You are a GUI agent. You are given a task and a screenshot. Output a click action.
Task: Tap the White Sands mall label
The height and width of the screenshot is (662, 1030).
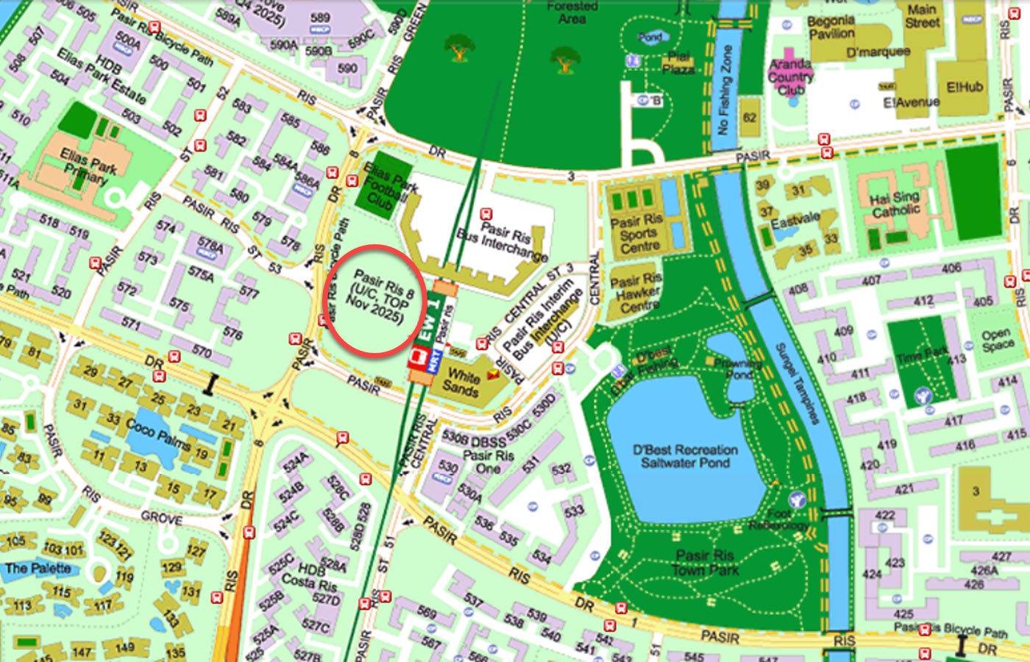pyautogui.click(x=462, y=382)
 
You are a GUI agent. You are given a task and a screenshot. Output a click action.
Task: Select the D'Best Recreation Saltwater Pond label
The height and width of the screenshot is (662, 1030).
pyautogui.click(x=685, y=456)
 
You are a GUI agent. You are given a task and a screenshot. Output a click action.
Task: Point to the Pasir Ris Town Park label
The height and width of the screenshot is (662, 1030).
pyautogui.click(x=705, y=563)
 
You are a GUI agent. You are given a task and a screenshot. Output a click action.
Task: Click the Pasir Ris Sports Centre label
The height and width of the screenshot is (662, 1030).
pyautogui.click(x=637, y=233)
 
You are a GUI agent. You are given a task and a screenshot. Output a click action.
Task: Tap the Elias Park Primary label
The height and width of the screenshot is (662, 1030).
pyautogui.click(x=88, y=165)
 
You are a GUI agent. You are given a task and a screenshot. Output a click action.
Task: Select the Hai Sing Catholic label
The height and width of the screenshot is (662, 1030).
pyautogui.click(x=895, y=204)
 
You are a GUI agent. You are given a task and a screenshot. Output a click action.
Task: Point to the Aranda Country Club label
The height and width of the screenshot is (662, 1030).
pyautogui.click(x=791, y=77)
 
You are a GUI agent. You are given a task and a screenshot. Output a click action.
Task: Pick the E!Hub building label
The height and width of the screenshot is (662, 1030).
pyautogui.click(x=965, y=87)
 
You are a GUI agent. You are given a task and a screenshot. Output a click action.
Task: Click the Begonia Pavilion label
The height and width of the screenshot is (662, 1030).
pyautogui.click(x=831, y=27)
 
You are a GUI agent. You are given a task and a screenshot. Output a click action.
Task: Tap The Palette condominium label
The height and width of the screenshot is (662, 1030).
pyautogui.click(x=38, y=568)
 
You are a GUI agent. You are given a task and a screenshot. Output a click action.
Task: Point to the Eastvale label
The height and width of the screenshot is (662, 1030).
pyautogui.click(x=795, y=218)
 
